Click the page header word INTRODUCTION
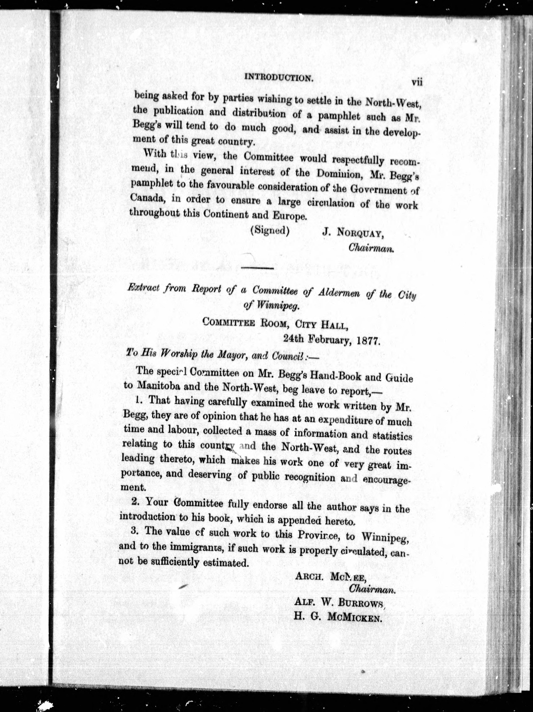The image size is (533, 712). click(x=279, y=78)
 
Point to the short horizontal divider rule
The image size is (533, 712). click(x=258, y=268)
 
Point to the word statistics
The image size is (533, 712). click(x=392, y=436)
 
